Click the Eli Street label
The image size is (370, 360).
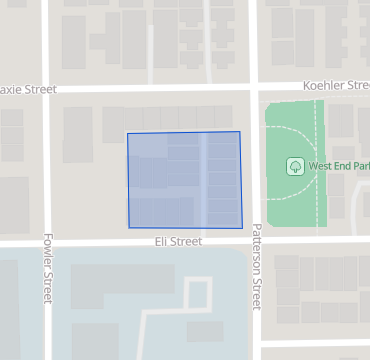[x=178, y=242]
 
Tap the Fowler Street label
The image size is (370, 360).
[x=47, y=269]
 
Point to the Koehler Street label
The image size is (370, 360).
[x=340, y=86]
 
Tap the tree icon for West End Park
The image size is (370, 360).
[x=295, y=165]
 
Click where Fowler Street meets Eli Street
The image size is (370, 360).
[x=46, y=242]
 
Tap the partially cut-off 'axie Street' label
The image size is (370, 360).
[x=26, y=89]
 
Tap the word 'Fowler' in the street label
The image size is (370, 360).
[x=47, y=256]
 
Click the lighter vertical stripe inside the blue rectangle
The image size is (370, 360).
[x=204, y=180]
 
